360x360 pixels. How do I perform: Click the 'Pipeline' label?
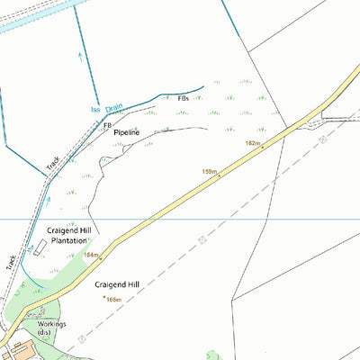point(127,132)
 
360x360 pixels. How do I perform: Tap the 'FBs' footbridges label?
point(184,97)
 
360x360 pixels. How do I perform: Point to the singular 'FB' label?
point(108,125)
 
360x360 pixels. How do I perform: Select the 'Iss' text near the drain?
point(95,111)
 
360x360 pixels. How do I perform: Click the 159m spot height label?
point(210,171)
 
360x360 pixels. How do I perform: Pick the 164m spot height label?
point(91,255)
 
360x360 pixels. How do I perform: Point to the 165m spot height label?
point(113,300)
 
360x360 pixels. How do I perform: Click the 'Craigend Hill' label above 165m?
point(117,284)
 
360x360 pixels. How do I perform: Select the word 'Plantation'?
point(69,241)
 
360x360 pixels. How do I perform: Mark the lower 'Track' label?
point(12,261)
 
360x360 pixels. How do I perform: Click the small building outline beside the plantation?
point(39,247)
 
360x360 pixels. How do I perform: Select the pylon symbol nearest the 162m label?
point(321,139)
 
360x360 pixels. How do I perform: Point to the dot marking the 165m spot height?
point(104,297)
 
